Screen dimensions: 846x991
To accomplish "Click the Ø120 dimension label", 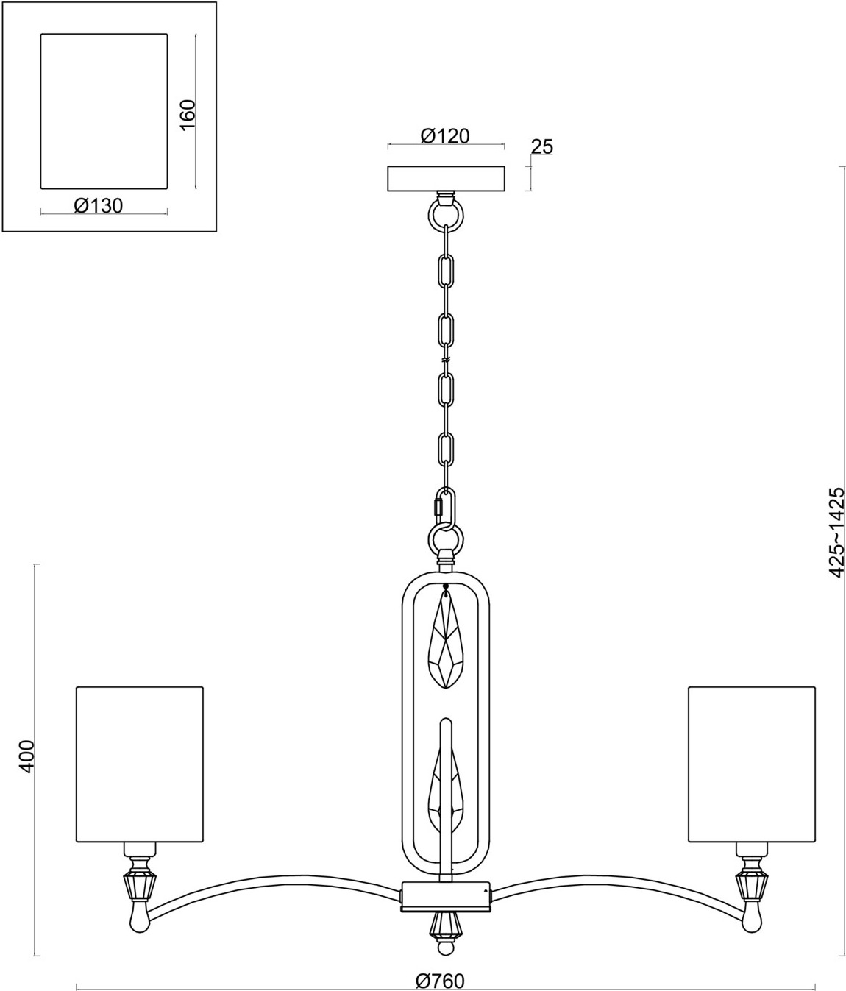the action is tap(445, 136).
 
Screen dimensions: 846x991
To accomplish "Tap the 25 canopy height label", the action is tap(542, 146).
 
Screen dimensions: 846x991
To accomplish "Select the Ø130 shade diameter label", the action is tap(99, 206).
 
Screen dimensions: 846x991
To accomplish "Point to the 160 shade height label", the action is tap(188, 113).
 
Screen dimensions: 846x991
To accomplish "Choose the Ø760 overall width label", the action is tap(440, 981).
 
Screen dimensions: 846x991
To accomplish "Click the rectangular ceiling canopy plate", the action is tap(446, 179).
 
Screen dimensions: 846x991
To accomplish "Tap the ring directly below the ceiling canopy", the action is tap(447, 214).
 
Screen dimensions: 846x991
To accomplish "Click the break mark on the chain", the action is tap(447, 360).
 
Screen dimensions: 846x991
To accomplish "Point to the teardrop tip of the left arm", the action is tap(140, 916).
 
